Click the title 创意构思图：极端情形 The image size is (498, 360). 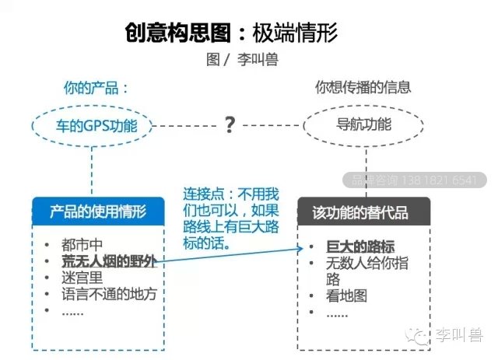coord(231,33)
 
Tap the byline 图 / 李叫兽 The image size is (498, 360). coord(242,59)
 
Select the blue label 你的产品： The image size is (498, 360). coord(96,88)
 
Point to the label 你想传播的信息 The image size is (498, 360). coord(363,87)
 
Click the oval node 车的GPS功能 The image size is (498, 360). coord(92,126)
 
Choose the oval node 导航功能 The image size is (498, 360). coord(363,125)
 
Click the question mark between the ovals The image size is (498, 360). coord(230,124)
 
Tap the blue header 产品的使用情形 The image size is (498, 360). coord(99,211)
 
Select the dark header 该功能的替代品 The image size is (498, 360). coord(364,211)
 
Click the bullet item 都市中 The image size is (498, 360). coord(82,245)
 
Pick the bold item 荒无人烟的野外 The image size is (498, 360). coord(109,261)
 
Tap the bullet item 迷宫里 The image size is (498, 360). coord(82,278)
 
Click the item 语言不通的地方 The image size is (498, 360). coord(109,294)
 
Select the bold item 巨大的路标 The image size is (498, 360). coord(360,246)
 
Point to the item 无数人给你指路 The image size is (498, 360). coord(366,271)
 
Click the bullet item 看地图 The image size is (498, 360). coord(346,296)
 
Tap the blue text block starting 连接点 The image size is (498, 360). coord(231,218)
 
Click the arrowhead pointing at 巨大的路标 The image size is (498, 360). coord(300,248)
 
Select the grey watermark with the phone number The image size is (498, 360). coord(415,180)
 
